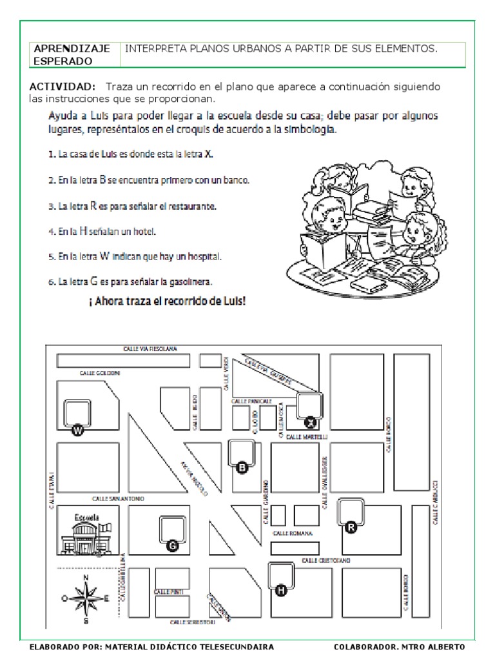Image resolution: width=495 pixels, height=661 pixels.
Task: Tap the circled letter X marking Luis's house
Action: click(311, 422)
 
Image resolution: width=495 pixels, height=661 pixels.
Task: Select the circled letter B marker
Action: click(243, 469)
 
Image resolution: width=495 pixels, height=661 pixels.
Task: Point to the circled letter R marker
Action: click(351, 527)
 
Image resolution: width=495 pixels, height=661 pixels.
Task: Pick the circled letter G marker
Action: click(172, 546)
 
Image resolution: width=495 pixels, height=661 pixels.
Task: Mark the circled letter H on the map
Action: click(280, 590)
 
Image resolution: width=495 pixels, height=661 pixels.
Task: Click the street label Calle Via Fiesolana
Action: click(150, 349)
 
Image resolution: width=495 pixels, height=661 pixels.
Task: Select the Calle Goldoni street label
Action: click(100, 373)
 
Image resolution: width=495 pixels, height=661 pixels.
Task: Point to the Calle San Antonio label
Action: click(117, 498)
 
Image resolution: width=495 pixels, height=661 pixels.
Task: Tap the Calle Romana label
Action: click(293, 533)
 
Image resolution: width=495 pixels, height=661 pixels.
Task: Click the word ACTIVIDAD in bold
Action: click(63, 86)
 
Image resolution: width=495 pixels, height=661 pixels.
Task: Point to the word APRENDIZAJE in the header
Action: click(71, 48)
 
